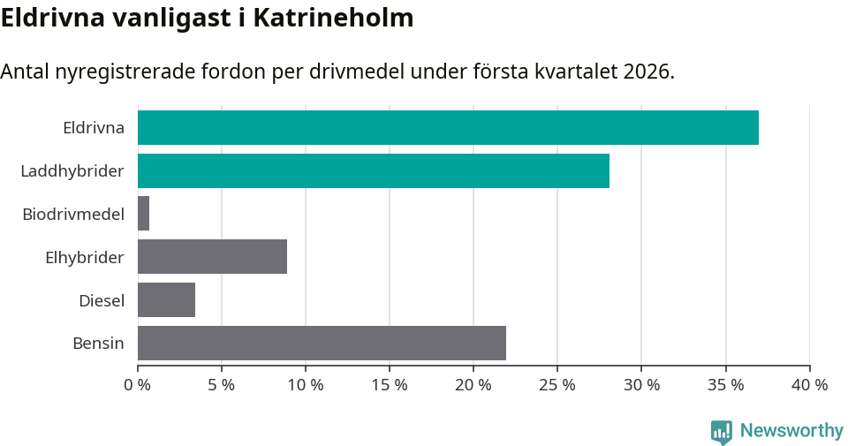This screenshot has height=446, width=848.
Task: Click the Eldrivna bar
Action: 448,127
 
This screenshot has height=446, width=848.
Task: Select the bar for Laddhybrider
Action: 374,170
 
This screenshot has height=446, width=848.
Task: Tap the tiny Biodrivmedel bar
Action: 143,214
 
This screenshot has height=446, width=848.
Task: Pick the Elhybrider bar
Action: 212,257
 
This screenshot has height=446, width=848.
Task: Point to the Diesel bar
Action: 166,300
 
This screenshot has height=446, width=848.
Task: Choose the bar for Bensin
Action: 322,343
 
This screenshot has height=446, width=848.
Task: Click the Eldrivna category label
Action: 93,128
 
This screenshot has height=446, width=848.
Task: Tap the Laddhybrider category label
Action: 72,170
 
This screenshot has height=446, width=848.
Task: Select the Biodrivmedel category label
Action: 73,214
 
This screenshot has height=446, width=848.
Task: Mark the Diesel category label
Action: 102,300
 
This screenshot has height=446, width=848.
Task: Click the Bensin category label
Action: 98,344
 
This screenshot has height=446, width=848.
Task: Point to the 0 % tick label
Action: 138,385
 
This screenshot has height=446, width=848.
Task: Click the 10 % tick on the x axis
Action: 306,385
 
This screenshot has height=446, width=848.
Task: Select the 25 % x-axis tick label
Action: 557,385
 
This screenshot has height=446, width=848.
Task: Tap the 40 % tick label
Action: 809,385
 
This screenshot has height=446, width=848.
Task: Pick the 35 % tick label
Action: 725,385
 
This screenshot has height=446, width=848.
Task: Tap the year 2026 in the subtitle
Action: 647,72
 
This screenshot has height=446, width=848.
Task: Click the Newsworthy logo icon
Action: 722,432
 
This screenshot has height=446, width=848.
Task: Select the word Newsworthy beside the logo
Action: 791,431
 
